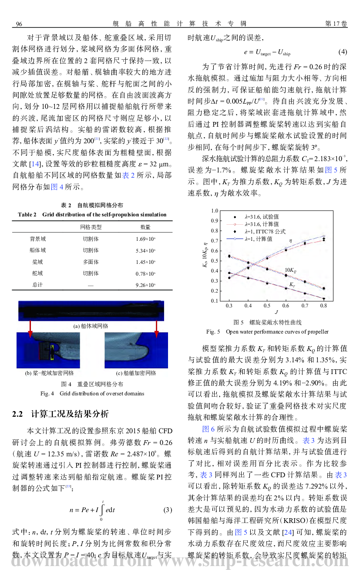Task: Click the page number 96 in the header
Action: coord(19,24)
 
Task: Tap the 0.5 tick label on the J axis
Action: coord(267,306)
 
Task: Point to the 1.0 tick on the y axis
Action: coord(214,211)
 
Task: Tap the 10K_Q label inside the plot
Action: coord(290,270)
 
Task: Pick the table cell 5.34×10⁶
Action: coord(145,250)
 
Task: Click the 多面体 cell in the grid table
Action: coord(91,262)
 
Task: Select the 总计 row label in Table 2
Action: coord(37,285)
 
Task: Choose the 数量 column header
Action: coord(145,227)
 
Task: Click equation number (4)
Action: coord(343,52)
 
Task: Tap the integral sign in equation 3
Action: coord(102,509)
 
